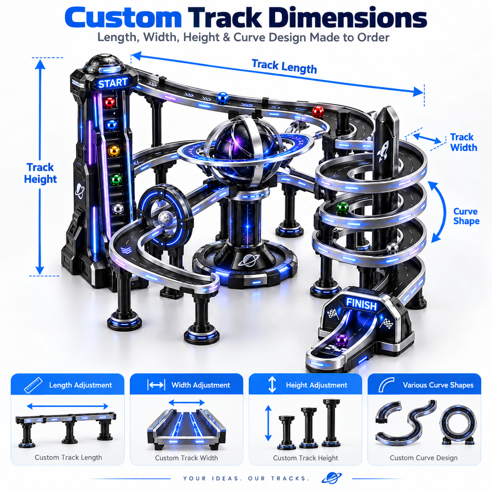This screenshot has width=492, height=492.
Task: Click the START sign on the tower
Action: coord(113,83)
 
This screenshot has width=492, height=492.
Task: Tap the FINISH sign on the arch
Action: coord(361,304)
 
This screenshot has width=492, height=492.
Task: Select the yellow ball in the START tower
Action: coord(114,151)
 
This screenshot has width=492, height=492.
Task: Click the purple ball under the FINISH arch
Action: coord(341,340)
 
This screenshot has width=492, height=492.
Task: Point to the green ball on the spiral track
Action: coord(342,208)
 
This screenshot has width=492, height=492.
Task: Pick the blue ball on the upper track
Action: coord(222,98)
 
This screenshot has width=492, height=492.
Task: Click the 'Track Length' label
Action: coord(284,67)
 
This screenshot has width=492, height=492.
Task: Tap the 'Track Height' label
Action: coord(40,173)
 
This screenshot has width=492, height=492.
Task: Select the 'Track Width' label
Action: coord(463,142)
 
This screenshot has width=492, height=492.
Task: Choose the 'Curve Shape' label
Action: coord(466,216)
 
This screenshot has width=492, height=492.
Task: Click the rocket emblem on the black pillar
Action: coord(383,151)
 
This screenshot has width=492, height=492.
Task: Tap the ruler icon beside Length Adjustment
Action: coord(33,385)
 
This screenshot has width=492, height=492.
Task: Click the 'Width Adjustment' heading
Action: coord(201,385)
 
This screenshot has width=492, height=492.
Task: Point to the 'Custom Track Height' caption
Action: coord(305,458)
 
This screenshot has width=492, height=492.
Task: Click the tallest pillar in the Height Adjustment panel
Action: coord(331,423)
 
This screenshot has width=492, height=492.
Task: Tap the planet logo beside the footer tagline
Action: coord(332,478)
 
